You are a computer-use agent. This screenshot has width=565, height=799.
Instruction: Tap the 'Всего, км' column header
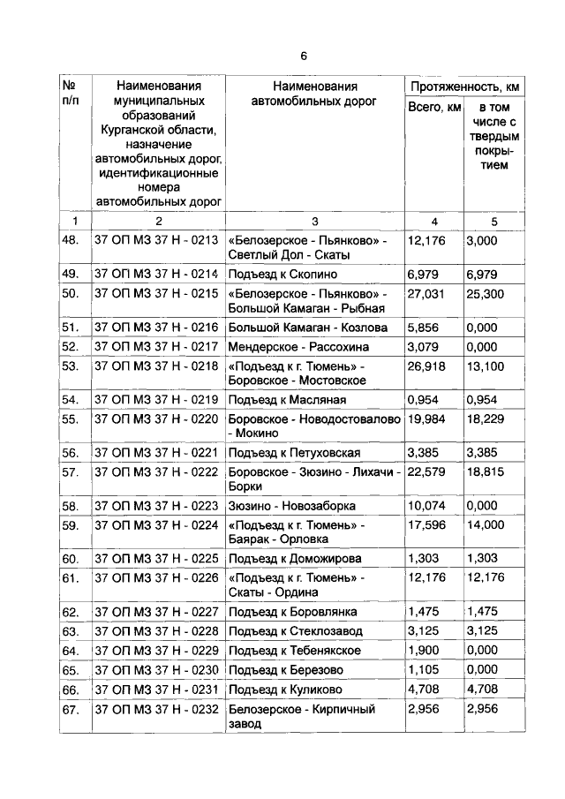[x=433, y=108]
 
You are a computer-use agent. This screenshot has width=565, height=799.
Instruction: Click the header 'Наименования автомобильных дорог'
[x=314, y=94]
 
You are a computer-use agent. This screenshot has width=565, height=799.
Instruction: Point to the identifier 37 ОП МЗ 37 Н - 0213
[x=155, y=240]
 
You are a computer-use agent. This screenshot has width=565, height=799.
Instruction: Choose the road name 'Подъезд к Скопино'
[x=282, y=275]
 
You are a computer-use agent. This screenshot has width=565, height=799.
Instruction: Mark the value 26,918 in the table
[x=426, y=365]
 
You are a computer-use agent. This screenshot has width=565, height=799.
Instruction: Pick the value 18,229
[x=486, y=418]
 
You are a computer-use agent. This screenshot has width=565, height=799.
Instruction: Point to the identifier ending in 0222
[x=155, y=472]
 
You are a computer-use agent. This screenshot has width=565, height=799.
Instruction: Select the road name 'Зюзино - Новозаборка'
[x=291, y=507]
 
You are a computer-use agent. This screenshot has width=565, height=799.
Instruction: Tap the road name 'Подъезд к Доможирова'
[x=292, y=559]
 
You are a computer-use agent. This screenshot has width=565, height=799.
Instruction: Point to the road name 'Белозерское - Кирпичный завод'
[x=301, y=716]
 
